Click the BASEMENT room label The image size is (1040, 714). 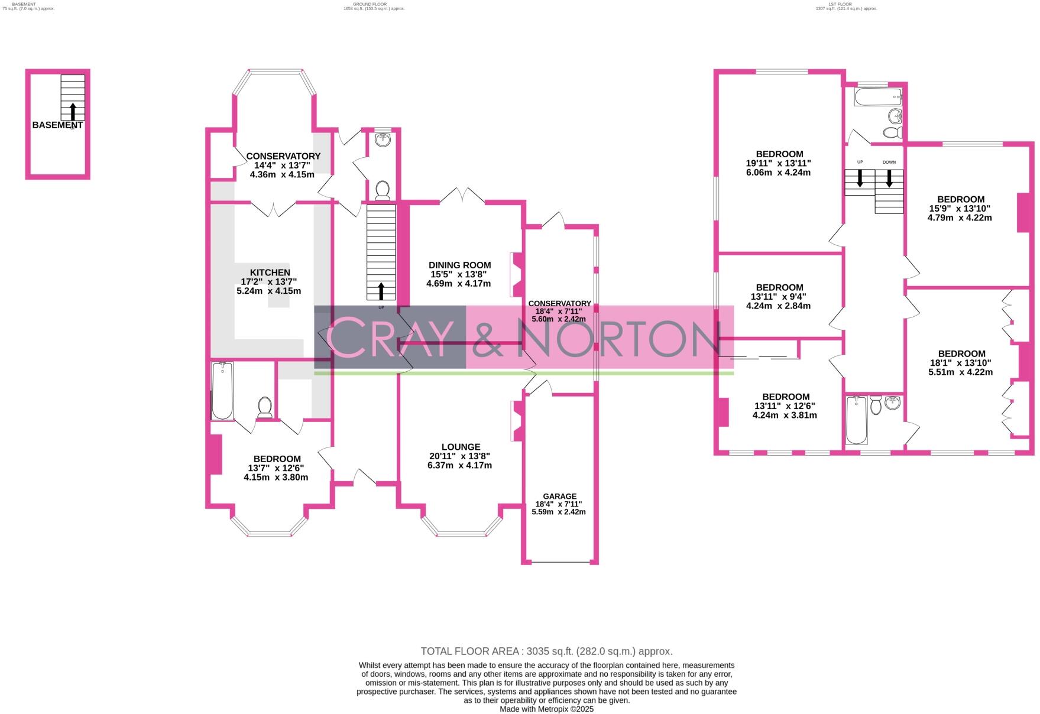point(57,125)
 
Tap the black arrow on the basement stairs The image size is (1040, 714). point(73,111)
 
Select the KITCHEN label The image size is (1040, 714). point(269,272)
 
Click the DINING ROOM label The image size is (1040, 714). point(459,265)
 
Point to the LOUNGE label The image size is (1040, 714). point(461,447)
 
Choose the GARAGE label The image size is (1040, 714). point(559,496)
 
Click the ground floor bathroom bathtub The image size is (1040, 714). point(222,391)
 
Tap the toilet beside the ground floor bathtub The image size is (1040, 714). point(264,407)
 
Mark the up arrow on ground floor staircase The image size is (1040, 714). point(381,291)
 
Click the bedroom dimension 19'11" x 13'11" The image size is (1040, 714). point(778,164)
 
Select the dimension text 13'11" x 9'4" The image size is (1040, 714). point(778,297)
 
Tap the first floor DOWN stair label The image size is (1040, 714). point(889,162)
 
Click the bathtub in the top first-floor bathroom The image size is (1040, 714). point(877,97)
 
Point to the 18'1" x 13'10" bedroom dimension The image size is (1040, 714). point(961,363)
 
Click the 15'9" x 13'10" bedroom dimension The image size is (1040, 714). point(960,208)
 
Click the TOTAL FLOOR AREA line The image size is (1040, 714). point(546,651)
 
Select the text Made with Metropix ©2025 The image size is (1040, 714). point(546,709)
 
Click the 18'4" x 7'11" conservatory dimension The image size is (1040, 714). point(559,311)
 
